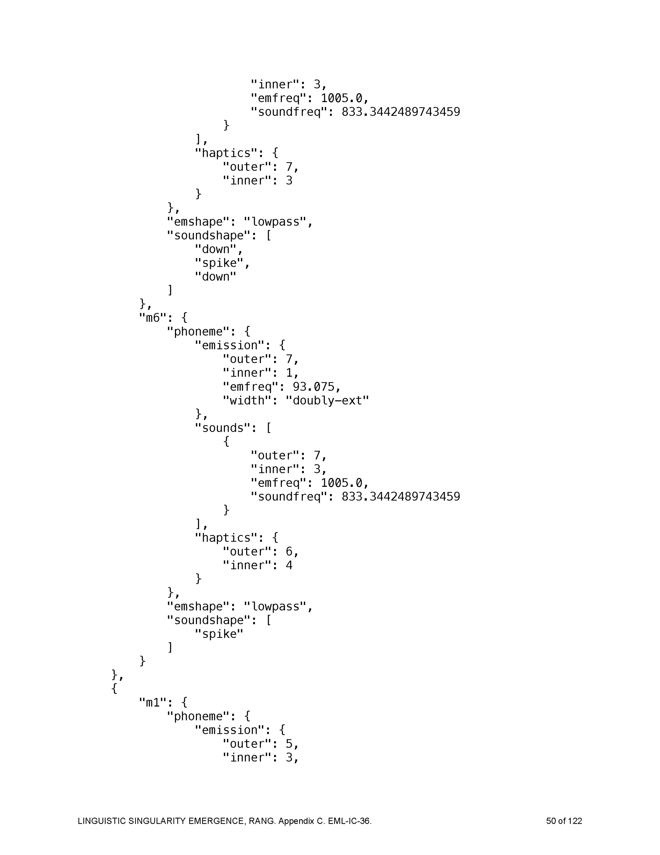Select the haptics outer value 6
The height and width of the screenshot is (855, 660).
(289, 551)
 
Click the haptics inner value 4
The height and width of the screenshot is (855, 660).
(289, 565)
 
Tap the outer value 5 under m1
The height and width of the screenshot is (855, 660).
(289, 744)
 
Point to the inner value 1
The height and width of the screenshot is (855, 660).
(289, 373)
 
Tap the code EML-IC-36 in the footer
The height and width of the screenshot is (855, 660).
(349, 821)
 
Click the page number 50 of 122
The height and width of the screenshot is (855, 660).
(564, 821)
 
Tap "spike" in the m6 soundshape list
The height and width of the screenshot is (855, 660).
(219, 634)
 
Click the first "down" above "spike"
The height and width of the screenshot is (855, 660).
(216, 249)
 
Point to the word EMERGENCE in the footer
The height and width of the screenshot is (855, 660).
(217, 821)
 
